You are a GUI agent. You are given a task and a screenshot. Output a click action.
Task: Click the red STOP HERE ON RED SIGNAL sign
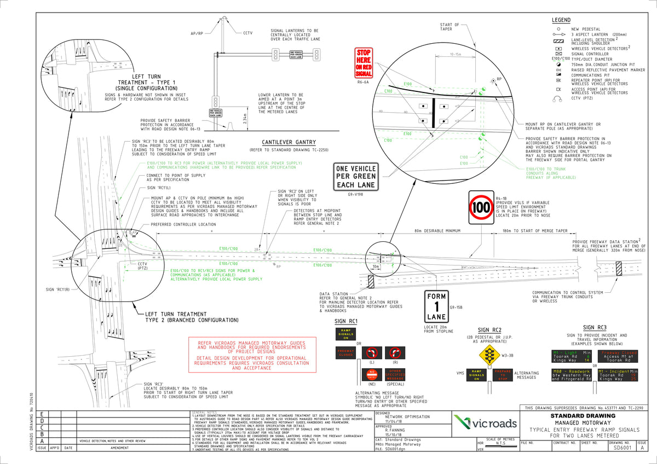pos(364,62)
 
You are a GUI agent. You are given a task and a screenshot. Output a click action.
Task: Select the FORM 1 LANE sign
pos(437,306)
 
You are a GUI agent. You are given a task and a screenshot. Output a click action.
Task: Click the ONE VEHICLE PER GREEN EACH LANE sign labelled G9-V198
pos(356,177)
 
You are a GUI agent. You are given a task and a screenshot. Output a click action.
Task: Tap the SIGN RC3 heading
pos(582,328)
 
